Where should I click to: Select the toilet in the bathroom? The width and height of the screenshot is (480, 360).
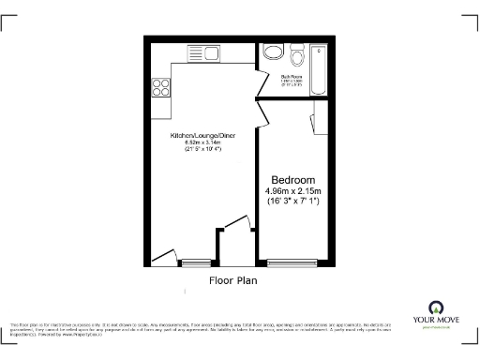[296, 52]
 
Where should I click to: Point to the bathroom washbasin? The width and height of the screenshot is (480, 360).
[272, 52]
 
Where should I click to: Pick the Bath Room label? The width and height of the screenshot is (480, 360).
[292, 77]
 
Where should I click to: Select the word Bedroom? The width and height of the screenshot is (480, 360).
[292, 180]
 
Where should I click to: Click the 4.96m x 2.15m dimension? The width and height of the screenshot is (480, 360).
[292, 191]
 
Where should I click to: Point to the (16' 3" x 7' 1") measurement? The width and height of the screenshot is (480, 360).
[292, 202]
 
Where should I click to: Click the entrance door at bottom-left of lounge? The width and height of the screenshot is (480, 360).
[165, 253]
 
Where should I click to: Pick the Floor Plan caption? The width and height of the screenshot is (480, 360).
[232, 279]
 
